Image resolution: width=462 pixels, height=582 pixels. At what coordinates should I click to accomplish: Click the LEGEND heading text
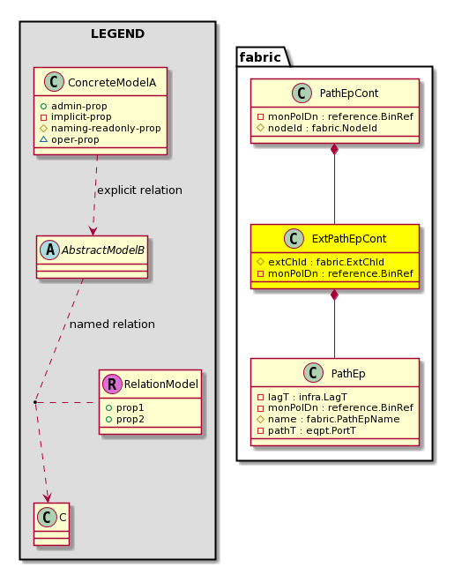[x=117, y=34]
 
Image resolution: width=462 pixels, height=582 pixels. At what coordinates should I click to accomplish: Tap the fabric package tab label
[x=260, y=57]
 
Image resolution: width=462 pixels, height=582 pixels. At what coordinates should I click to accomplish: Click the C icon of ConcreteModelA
[x=54, y=82]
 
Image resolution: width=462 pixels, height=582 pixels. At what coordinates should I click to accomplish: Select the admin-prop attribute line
[x=74, y=106]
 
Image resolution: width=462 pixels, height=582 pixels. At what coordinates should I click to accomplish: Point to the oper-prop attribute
[x=70, y=139]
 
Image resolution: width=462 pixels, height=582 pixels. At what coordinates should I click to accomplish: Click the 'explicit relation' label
[x=139, y=190]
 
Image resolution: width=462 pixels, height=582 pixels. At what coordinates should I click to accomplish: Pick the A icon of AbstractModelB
[x=50, y=250]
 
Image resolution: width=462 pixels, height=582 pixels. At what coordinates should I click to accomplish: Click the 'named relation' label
[x=112, y=324]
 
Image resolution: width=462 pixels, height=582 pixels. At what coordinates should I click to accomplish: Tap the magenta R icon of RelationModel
[x=112, y=384]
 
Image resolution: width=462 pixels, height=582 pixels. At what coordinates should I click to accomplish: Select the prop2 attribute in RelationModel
[x=125, y=420]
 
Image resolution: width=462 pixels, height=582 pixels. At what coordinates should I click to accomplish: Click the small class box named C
[x=52, y=524]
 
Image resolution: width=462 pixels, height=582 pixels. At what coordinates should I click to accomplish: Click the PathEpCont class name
[x=349, y=93]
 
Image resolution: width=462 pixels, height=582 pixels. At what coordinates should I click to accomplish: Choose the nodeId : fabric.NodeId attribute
[x=317, y=128]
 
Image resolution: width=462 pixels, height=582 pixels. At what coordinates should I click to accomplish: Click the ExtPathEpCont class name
[x=349, y=239]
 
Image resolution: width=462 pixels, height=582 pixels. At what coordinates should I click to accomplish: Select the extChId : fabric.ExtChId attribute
[x=321, y=262]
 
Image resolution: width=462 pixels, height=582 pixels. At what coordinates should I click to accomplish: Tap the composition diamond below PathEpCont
[x=335, y=149]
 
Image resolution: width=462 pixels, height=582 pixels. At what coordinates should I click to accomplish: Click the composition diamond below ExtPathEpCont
[x=335, y=295]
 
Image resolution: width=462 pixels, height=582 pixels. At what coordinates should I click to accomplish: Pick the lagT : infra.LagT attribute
[x=302, y=397]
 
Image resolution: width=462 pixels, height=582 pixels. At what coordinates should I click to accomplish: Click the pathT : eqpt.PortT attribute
[x=307, y=430]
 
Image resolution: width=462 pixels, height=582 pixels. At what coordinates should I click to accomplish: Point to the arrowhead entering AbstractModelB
[x=93, y=230]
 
